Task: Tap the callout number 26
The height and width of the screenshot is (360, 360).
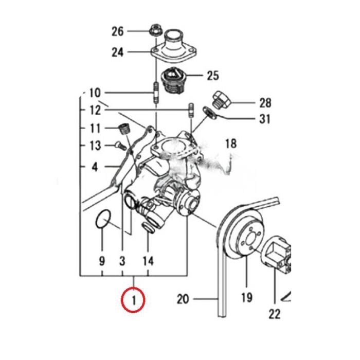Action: [118, 31]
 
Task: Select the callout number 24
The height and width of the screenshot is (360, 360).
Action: [118, 52]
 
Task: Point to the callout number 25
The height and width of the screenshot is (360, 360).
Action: [212, 76]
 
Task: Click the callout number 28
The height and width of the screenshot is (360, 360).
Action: [265, 103]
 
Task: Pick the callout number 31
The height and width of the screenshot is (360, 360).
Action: [264, 119]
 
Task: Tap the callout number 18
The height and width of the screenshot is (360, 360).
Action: [231, 143]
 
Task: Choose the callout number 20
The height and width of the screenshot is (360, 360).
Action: [183, 298]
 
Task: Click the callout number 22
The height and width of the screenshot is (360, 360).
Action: [275, 313]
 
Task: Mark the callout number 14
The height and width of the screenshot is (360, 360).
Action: [148, 261]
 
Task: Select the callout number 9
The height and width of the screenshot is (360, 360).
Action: [102, 261]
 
